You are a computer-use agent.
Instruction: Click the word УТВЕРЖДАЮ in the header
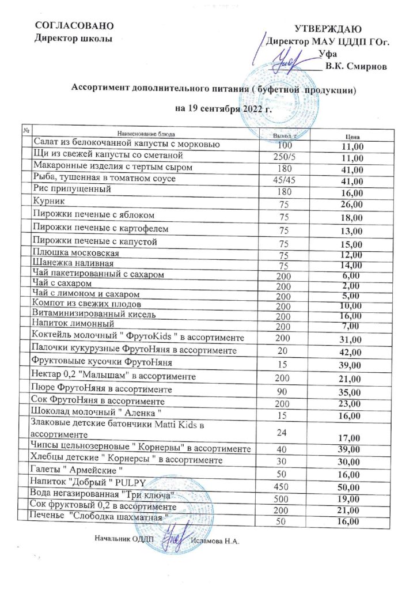[x=328, y=29]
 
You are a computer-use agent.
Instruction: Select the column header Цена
[x=352, y=137]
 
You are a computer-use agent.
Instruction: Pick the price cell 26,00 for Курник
[x=351, y=205]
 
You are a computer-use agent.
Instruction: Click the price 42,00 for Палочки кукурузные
[x=351, y=352]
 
